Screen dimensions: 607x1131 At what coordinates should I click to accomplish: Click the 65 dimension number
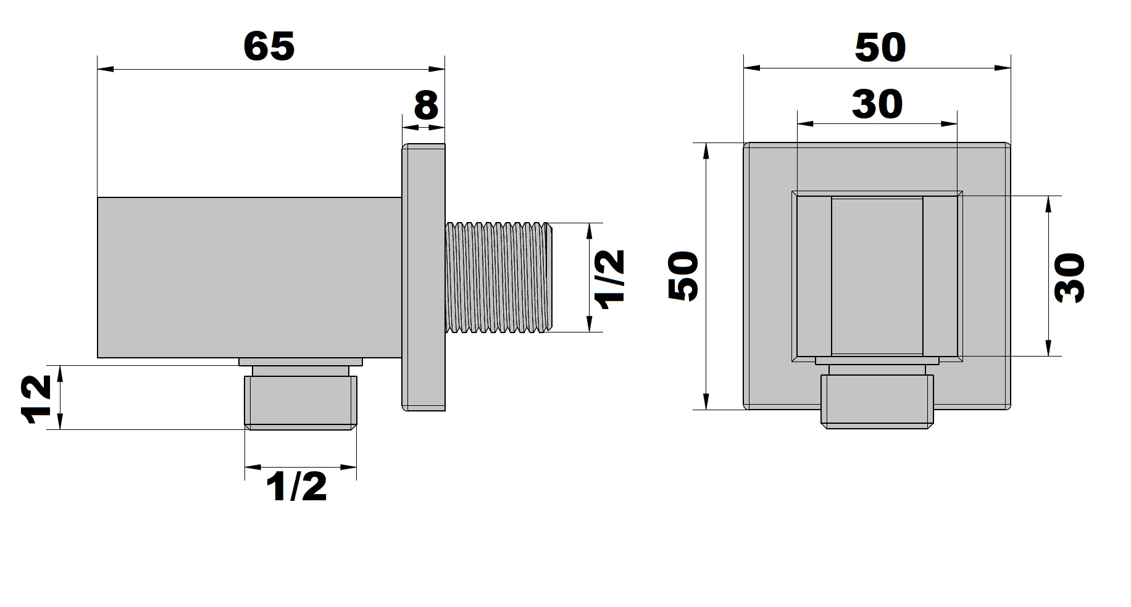pos(269,46)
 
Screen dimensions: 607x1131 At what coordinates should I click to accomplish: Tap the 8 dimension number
pos(426,105)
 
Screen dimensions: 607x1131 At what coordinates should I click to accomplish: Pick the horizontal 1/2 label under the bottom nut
pos(296,487)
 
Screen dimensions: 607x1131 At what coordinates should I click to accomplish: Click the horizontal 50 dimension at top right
pos(880,47)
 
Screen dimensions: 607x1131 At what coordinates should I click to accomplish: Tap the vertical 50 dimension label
pos(683,276)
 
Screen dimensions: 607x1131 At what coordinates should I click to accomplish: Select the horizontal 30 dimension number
pos(877,104)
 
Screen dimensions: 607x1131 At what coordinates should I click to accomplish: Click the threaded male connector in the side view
pos(498,278)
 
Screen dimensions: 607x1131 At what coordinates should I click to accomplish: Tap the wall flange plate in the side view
pos(424,278)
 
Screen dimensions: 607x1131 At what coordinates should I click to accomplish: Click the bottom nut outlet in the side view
pos(301,402)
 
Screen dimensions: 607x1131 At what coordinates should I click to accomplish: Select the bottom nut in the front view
pos(877,401)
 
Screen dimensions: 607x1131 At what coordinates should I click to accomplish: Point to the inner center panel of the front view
pos(877,276)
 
